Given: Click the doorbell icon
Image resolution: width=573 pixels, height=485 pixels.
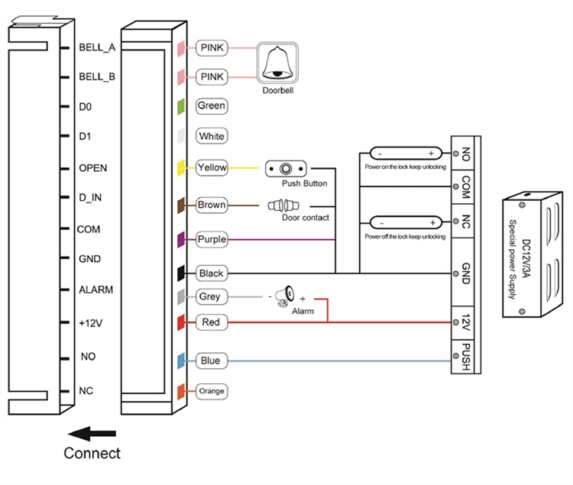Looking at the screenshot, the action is [277, 63].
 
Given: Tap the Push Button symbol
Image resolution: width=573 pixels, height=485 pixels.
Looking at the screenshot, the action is [286, 169].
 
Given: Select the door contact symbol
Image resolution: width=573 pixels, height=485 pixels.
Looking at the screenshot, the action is [283, 205].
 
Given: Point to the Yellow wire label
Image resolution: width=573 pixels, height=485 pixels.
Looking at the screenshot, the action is [212, 167].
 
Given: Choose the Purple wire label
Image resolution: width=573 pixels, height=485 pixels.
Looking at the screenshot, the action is [212, 240].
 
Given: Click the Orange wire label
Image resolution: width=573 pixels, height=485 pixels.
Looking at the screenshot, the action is [212, 391].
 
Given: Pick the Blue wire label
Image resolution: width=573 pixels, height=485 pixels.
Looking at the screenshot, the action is [212, 361].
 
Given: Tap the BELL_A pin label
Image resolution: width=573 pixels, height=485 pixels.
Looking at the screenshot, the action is [97, 47].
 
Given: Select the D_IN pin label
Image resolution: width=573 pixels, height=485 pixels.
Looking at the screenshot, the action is [90, 198].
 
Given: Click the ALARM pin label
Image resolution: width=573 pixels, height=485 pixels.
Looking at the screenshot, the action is [96, 289].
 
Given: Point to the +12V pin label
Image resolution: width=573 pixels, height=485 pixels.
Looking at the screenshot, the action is [91, 323].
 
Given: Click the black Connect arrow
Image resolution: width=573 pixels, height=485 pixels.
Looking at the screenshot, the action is [92, 434].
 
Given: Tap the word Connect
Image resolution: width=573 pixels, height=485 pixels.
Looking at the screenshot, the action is [92, 453].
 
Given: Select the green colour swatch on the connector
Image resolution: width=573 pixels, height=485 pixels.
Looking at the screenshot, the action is [181, 107].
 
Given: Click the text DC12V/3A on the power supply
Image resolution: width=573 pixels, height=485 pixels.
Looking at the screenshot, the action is [526, 258].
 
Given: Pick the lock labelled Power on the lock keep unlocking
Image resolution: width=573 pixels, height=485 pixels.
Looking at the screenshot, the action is [406, 154].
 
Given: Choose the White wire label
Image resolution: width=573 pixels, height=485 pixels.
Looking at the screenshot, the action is [212, 136].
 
